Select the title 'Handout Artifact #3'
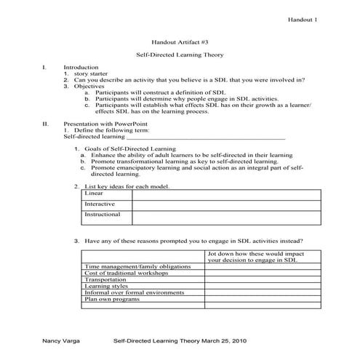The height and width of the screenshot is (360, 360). pyautogui.click(x=180, y=42)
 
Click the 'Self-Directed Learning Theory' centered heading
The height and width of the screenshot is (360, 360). pyautogui.click(x=180, y=55)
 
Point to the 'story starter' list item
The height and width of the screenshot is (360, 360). pyautogui.click(x=90, y=74)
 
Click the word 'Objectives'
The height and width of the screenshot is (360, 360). pyautogui.click(x=88, y=87)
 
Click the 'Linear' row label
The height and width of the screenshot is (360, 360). pyautogui.click(x=94, y=193)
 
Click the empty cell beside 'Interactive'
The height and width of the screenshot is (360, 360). pyautogui.click(x=225, y=205)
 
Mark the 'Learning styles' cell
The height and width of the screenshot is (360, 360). pyautogui.click(x=106, y=286)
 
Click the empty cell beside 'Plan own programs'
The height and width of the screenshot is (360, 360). pyautogui.click(x=262, y=299)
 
